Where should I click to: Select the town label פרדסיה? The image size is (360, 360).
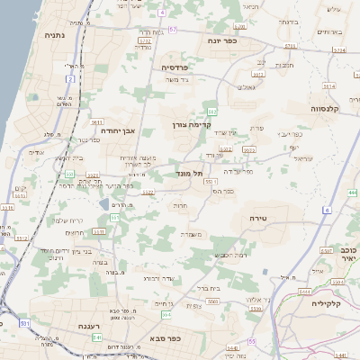point(175,67)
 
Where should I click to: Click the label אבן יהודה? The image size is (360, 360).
point(117,130)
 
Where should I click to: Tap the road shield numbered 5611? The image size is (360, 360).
point(97,121)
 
